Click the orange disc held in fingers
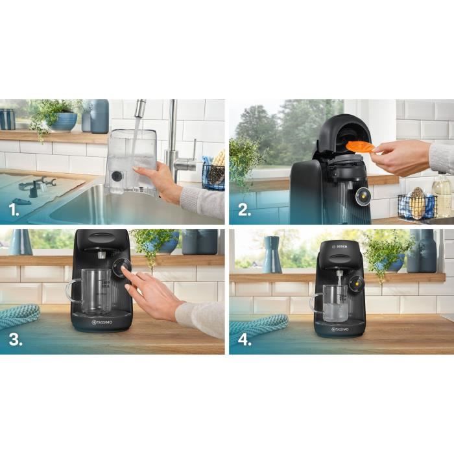coord(360,147)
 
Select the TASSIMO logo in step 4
coord(337,329)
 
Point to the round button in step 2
coord(361,193)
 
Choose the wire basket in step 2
coord(416,206)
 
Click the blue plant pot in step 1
coord(64,121)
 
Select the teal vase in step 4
coord(272,255)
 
